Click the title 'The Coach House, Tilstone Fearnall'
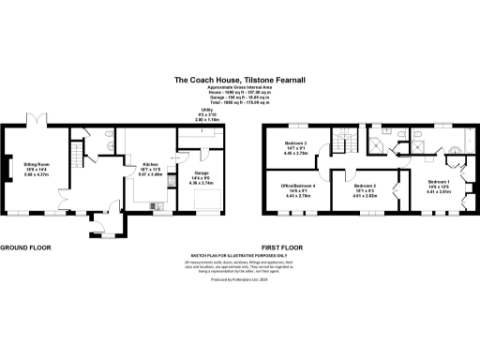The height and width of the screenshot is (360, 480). [239, 81]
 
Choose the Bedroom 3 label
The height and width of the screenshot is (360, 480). [296, 145]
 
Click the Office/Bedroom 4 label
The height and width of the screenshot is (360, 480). [297, 191]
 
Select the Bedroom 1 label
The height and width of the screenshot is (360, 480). [439, 185]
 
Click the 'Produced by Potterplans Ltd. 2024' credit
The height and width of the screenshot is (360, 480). [239, 278]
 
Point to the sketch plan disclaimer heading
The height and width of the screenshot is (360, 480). [239, 254]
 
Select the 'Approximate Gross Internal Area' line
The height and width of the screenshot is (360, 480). [239, 89]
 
